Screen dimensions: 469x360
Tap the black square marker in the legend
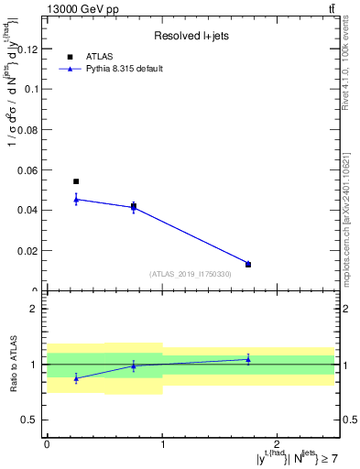(x=70, y=57)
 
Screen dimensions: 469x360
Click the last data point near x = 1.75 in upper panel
(x=248, y=265)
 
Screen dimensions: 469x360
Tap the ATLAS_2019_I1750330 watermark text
(x=191, y=274)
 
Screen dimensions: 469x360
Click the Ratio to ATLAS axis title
(x=14, y=364)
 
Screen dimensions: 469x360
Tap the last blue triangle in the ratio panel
(x=248, y=359)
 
